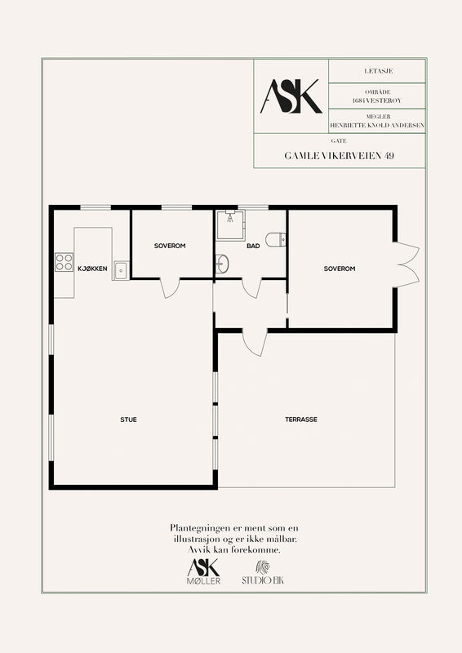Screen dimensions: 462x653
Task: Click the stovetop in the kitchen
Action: [x=64, y=262]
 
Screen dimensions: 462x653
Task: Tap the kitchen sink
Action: [x=121, y=270]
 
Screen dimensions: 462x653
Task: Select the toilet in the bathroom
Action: [x=276, y=239]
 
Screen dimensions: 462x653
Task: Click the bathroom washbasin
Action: [x=222, y=264]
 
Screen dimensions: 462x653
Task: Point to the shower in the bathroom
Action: [x=230, y=224]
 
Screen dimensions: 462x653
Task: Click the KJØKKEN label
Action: [x=92, y=269]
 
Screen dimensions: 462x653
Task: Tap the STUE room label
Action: [x=128, y=420]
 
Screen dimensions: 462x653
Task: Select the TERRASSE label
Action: [x=301, y=420]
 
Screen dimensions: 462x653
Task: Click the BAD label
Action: [x=253, y=247]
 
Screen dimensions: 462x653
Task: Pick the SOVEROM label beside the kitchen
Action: [x=170, y=246]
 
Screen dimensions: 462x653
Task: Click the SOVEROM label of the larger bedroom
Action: [x=340, y=269]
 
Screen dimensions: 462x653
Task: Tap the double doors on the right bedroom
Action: [x=407, y=264]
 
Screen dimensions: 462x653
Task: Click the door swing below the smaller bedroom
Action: [x=171, y=288]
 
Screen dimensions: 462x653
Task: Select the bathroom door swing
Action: [x=252, y=288]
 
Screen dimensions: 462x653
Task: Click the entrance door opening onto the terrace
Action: [x=255, y=342]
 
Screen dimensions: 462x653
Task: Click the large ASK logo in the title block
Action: [x=291, y=96]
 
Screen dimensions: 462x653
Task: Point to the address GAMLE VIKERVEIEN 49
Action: [x=340, y=156]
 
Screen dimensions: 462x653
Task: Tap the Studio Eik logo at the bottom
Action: [x=263, y=573]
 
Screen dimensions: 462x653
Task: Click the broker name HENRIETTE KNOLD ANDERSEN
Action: [x=377, y=125]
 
